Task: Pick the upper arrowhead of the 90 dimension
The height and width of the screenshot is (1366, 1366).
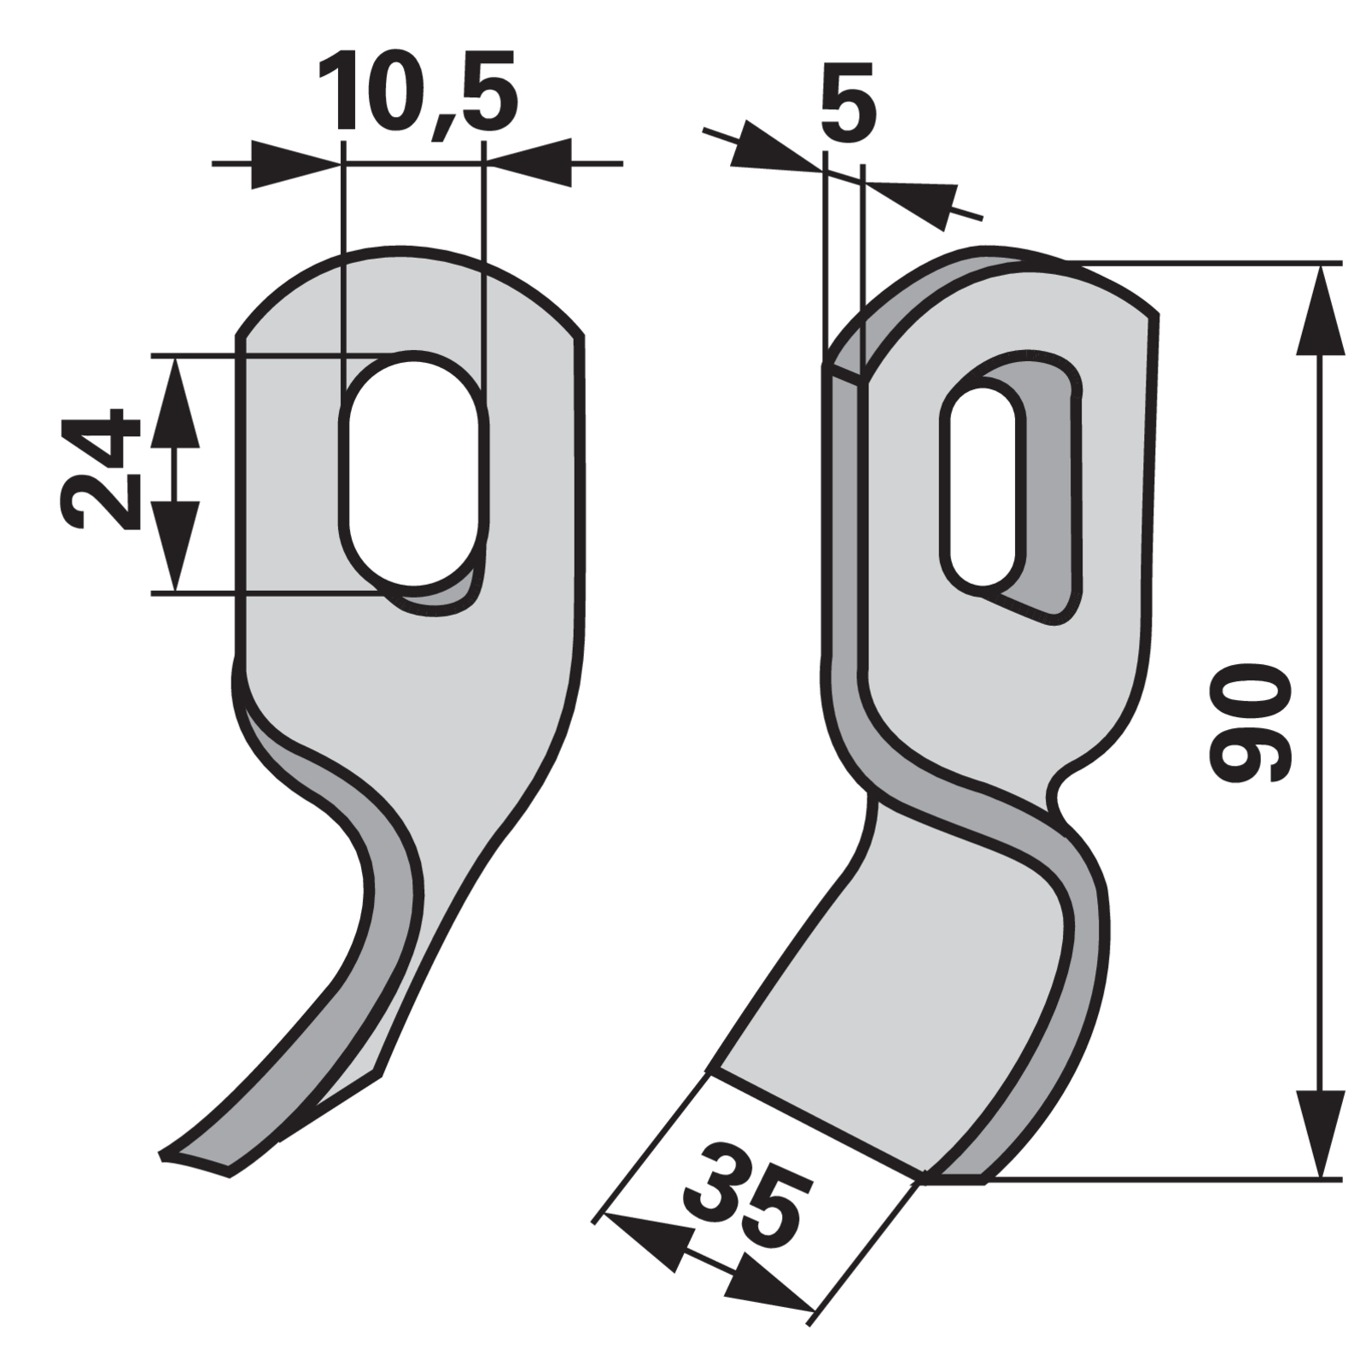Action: [x=1321, y=309]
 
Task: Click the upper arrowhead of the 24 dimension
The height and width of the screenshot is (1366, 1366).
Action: [x=175, y=401]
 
